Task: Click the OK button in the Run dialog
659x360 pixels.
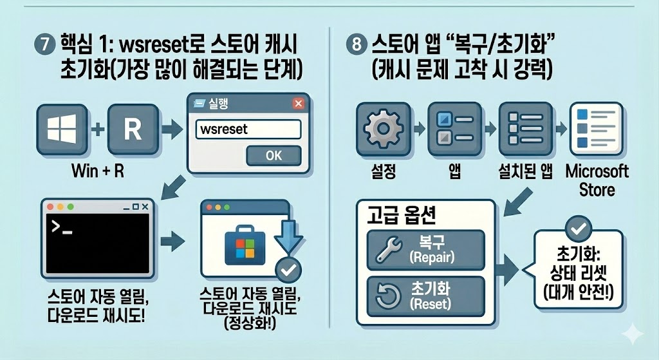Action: (274, 155)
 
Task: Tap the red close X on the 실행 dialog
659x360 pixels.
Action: (298, 104)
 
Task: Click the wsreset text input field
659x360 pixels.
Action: (248, 129)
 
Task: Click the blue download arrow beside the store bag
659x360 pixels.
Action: (284, 239)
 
